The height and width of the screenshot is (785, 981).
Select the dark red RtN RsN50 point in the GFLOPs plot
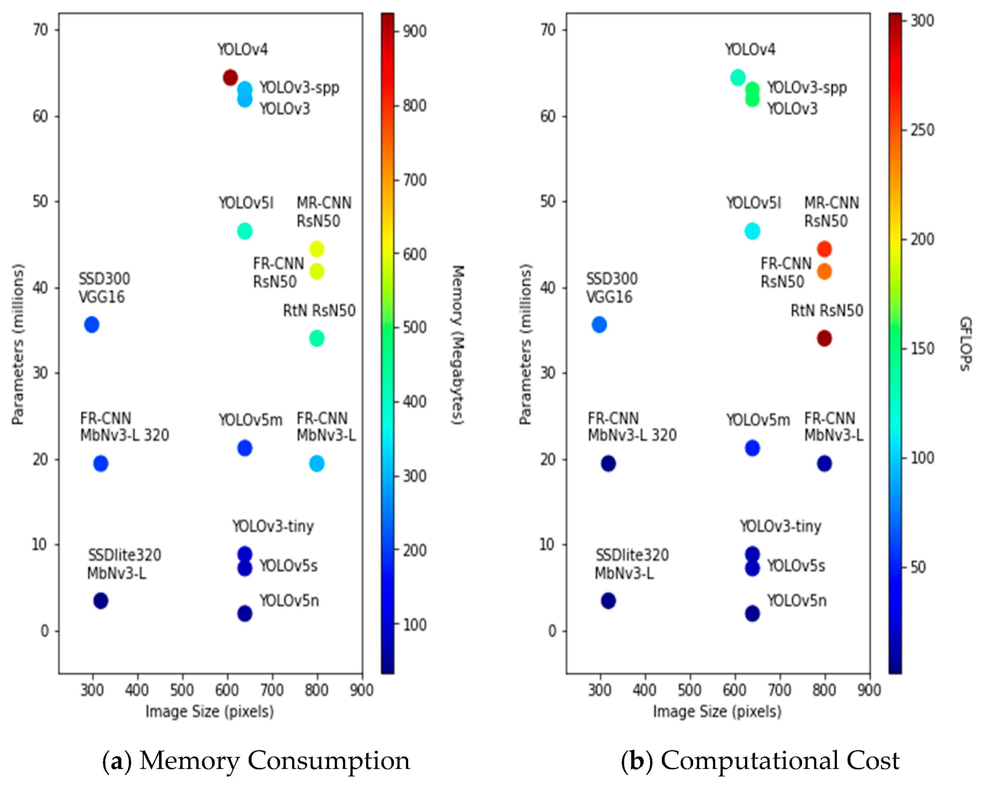click(x=824, y=338)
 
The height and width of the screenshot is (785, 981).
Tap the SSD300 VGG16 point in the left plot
click(x=91, y=325)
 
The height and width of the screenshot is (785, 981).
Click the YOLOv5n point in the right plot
click(x=752, y=613)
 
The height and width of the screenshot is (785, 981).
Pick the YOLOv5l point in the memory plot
click(x=245, y=231)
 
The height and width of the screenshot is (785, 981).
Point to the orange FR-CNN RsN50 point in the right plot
click(x=824, y=271)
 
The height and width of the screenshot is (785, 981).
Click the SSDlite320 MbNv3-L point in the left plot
click(x=101, y=601)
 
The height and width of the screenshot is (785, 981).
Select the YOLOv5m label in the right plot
click(x=758, y=420)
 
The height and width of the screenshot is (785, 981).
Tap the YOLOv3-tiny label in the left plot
click(x=273, y=526)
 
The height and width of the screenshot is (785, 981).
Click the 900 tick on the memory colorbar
click(x=415, y=31)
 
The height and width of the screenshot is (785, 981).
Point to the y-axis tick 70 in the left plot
click(x=40, y=30)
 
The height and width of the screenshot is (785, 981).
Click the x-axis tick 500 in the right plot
click(x=689, y=690)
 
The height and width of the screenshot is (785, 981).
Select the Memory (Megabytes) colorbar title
click(x=457, y=345)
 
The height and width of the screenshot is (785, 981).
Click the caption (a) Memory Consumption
click(x=256, y=760)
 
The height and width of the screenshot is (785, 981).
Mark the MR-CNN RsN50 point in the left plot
click(x=317, y=249)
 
